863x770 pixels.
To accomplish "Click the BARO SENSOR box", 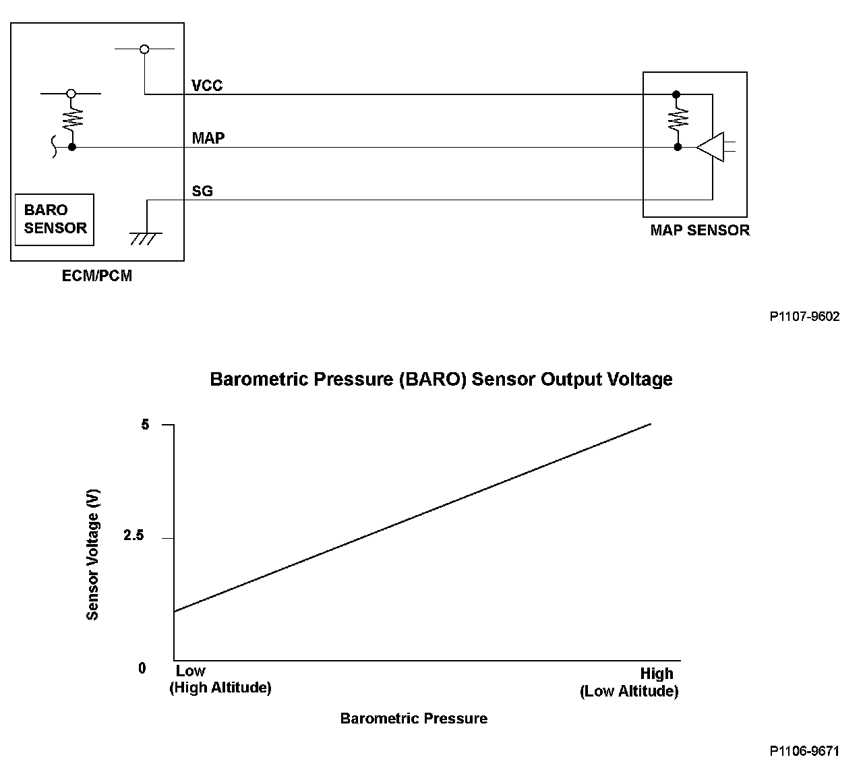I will pos(55,220).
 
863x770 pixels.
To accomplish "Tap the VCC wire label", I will pos(207,86).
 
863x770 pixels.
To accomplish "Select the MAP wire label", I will pos(208,138).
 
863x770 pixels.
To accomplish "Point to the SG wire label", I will pos(202,191).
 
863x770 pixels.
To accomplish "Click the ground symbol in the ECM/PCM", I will pos(145,238).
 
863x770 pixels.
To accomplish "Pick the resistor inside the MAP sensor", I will pos(677,121).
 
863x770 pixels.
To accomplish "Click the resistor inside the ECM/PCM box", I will pos(71,121).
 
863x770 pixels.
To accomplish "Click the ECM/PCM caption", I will pos(97,276).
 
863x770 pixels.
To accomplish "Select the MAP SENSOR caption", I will pos(699,231).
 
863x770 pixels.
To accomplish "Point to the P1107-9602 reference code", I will pos(804,316).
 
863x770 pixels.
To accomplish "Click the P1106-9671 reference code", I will pos(804,750).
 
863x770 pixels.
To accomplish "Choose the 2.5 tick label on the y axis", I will pos(134,537).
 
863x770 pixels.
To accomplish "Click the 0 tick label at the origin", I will pos(142,668).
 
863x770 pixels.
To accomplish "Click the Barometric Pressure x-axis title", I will pos(413,719).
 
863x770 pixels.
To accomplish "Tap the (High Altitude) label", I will pos(220,688).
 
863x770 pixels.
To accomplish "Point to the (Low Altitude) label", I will pos(628,691).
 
